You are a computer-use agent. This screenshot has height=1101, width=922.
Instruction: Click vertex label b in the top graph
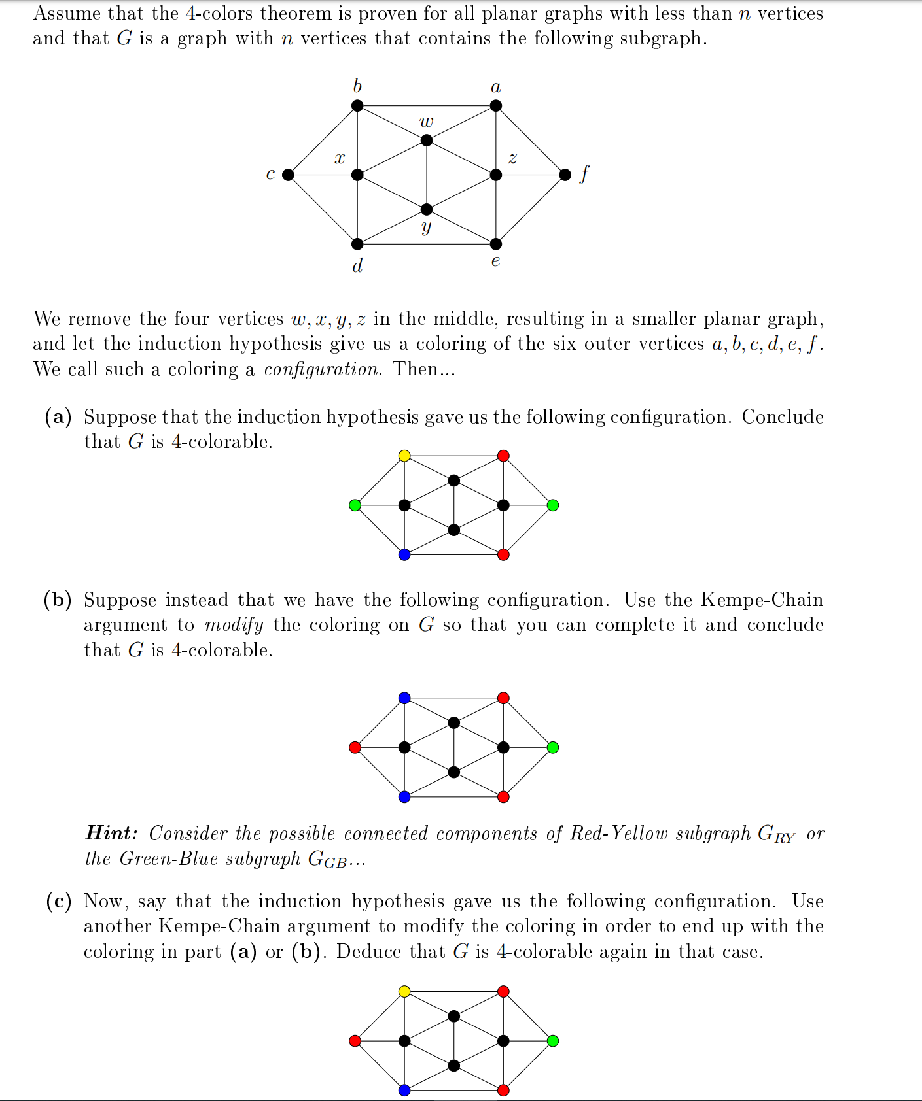(357, 86)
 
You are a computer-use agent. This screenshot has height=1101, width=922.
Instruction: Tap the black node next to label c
(288, 175)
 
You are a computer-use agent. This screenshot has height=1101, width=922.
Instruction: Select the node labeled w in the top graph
(427, 140)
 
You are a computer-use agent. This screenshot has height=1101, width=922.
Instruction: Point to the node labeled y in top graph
(427, 209)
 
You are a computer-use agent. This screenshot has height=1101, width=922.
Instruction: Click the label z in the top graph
(512, 158)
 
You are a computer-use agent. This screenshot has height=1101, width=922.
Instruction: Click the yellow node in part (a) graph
(404, 456)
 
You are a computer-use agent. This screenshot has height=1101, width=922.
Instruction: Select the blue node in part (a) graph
(404, 554)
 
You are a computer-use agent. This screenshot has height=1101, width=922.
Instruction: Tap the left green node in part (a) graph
(355, 505)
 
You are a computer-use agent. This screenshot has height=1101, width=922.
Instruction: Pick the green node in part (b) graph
(553, 747)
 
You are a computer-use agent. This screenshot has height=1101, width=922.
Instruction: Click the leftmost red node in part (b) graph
(355, 747)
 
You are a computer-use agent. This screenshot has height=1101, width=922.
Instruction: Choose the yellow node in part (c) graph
(404, 992)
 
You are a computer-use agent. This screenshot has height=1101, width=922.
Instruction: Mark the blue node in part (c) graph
(404, 1090)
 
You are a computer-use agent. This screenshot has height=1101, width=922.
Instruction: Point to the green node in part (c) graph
(553, 1041)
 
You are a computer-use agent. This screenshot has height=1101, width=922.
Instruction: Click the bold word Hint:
(112, 834)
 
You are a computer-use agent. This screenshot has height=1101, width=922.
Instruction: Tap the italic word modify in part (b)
(234, 625)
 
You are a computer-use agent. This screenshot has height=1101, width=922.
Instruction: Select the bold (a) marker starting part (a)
(58, 417)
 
